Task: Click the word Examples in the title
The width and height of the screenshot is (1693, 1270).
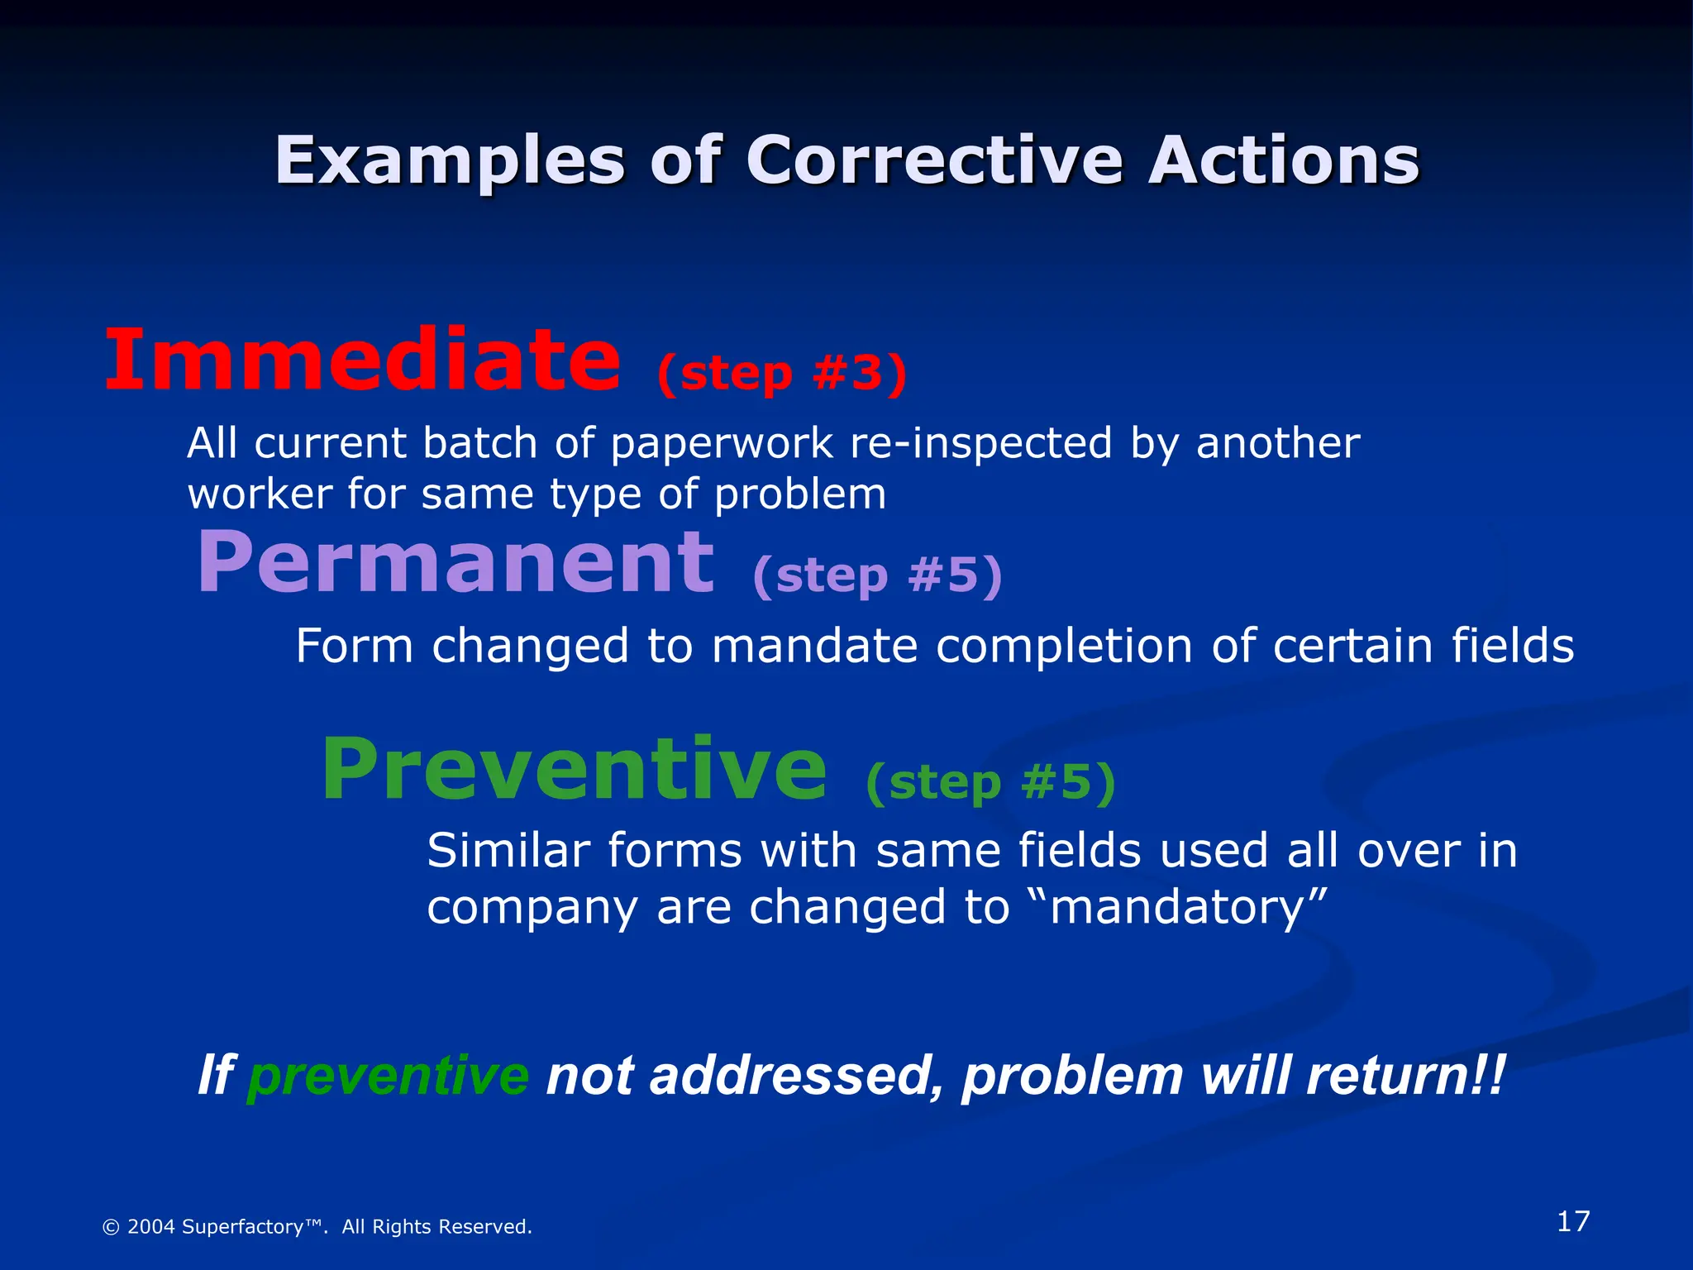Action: (x=449, y=161)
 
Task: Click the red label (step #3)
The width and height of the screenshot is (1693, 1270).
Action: (x=781, y=374)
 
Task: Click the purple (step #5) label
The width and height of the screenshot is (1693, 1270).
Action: (x=877, y=575)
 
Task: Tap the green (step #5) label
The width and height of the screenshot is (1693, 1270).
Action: (x=990, y=782)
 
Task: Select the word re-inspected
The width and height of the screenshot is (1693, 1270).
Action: (x=980, y=444)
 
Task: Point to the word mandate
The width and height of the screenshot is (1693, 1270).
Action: (x=814, y=646)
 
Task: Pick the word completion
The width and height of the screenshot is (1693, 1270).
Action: (x=1064, y=647)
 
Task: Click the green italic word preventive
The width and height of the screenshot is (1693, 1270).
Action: (x=388, y=1076)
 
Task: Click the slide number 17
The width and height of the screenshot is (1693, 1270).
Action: (x=1572, y=1221)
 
